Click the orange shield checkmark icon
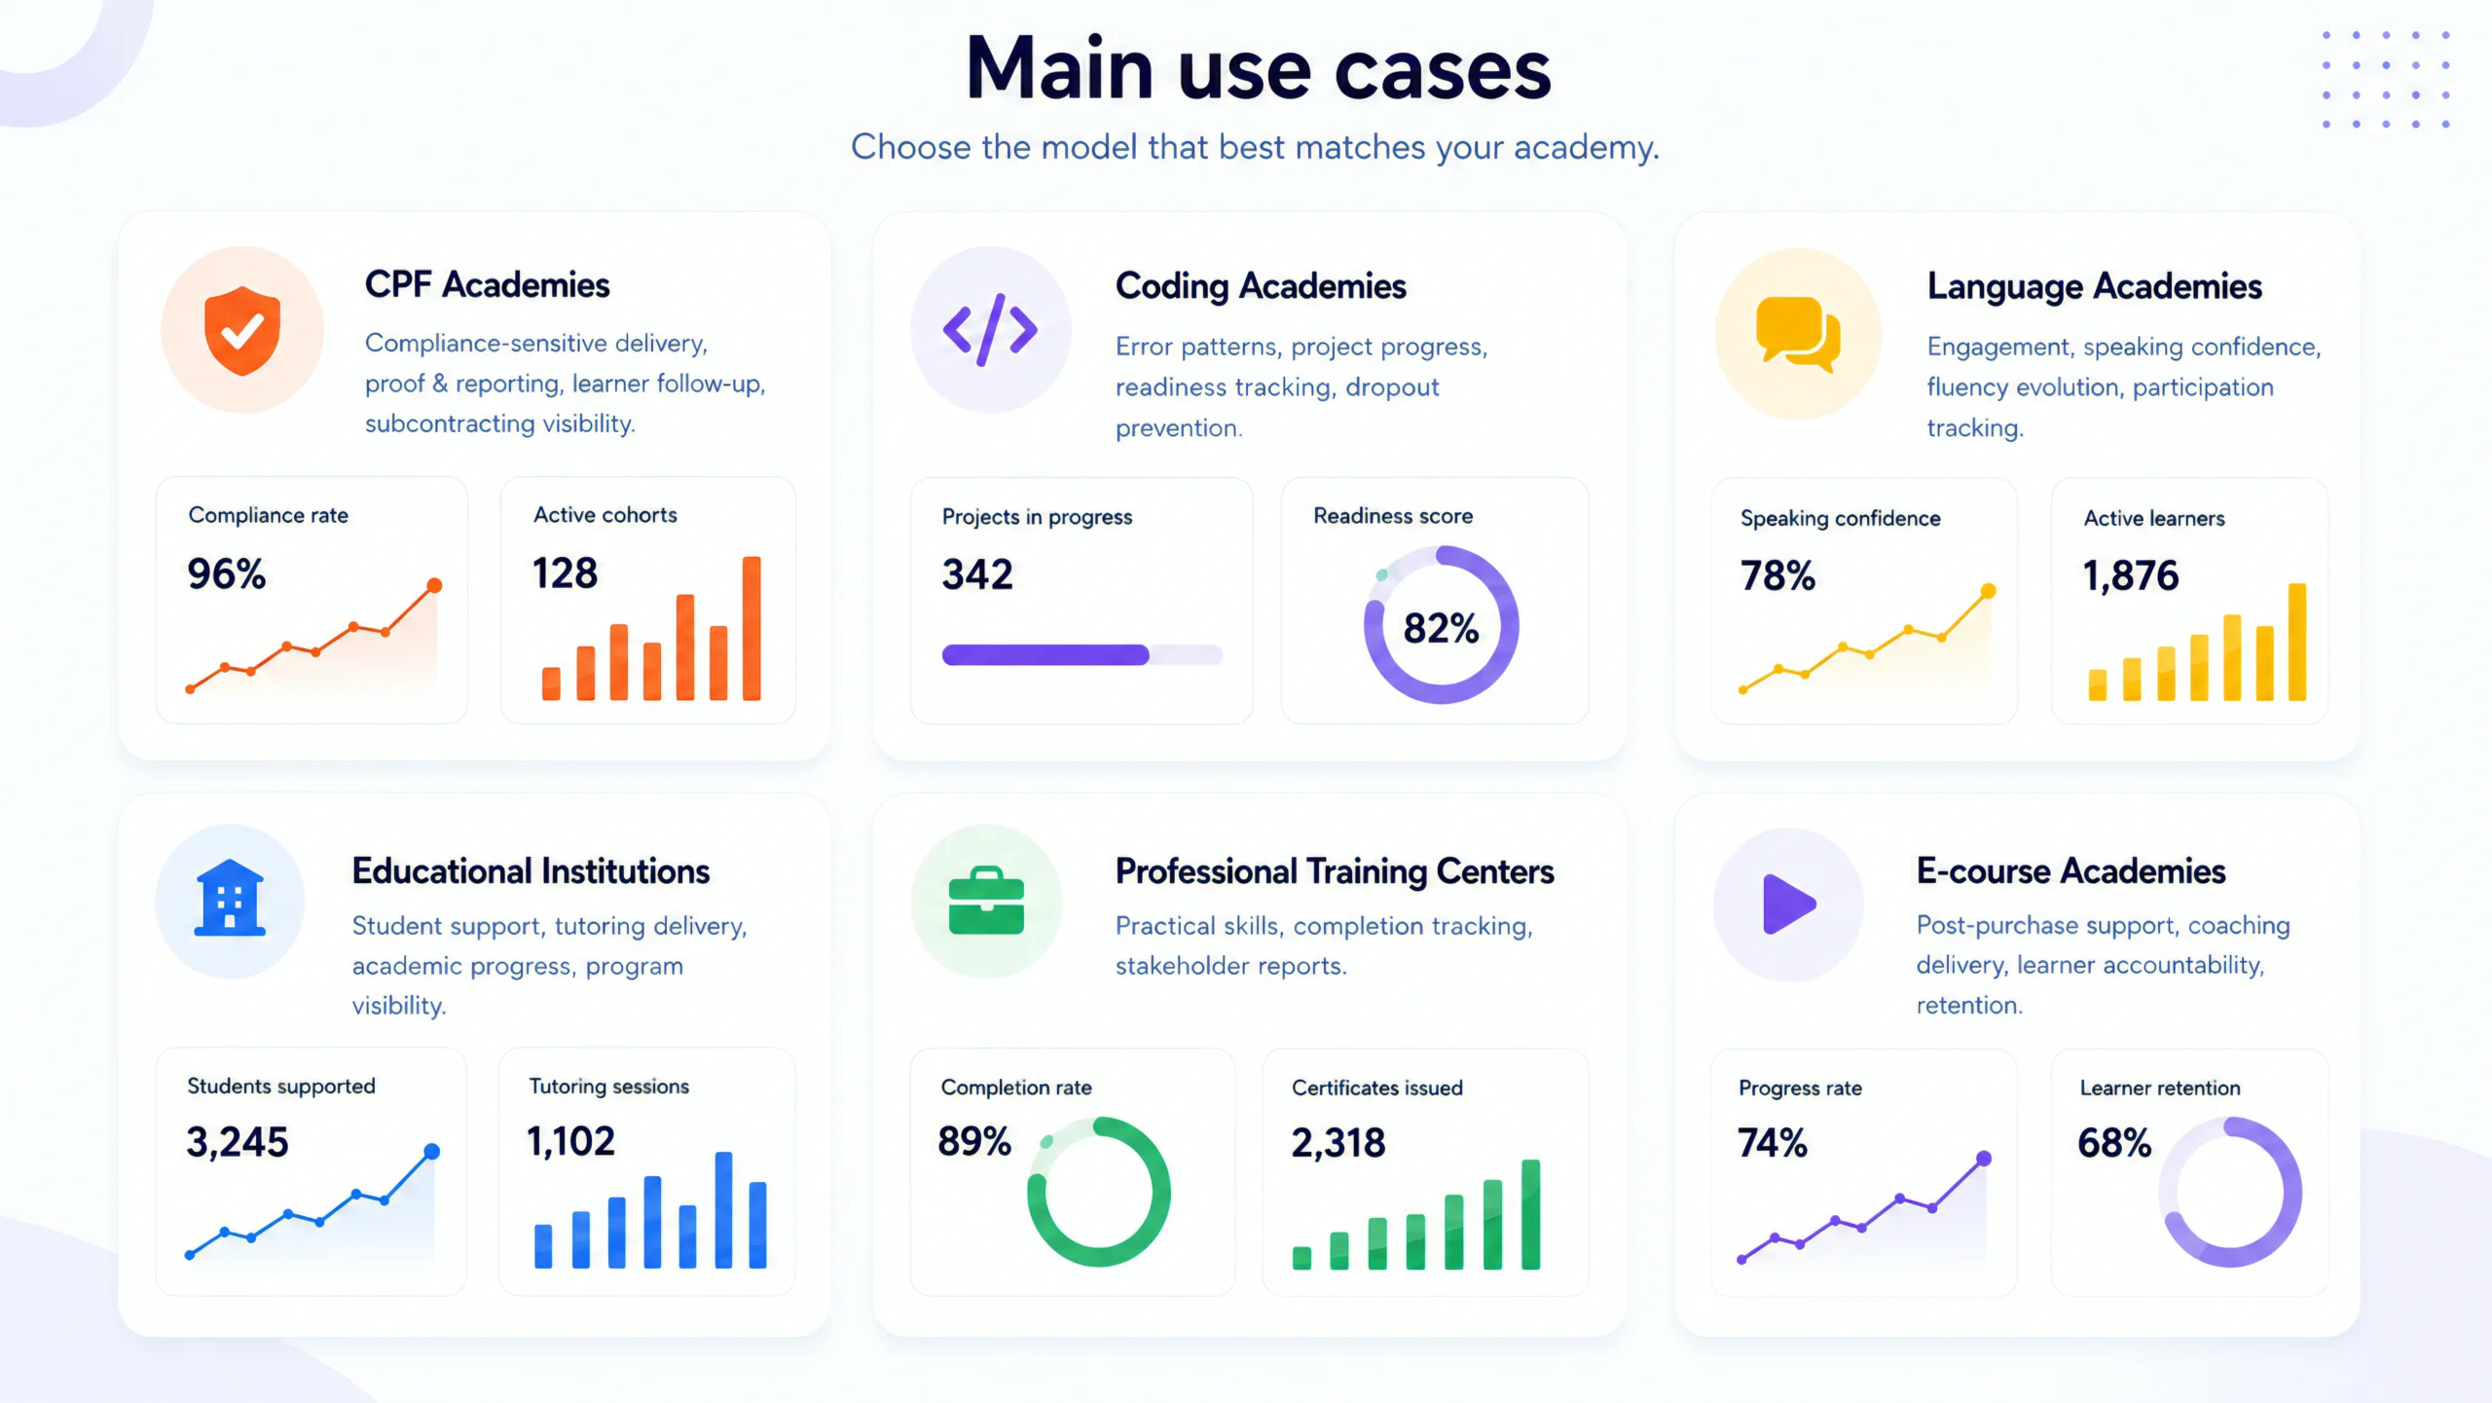242,330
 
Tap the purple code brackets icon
990,329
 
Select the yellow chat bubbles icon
1798,334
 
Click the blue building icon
230,898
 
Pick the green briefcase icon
986,901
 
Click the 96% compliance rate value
227,573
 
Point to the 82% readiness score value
1441,628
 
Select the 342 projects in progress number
977,574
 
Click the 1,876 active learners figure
2131,575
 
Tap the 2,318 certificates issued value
1338,1142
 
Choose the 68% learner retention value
2114,1142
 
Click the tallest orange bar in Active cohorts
751,628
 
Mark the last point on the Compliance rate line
434,585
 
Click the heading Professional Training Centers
1335,871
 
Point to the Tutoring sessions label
609,1086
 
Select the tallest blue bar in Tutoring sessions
723,1209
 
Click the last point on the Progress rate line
1984,1159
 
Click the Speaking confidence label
1841,518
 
